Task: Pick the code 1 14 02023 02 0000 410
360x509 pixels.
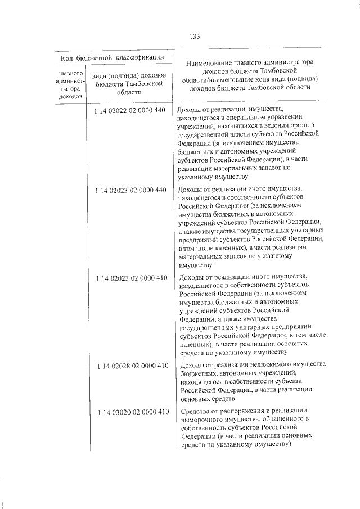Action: [132, 278]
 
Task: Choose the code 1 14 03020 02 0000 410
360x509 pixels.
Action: [132, 412]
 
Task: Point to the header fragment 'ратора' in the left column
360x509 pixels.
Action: [70, 88]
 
